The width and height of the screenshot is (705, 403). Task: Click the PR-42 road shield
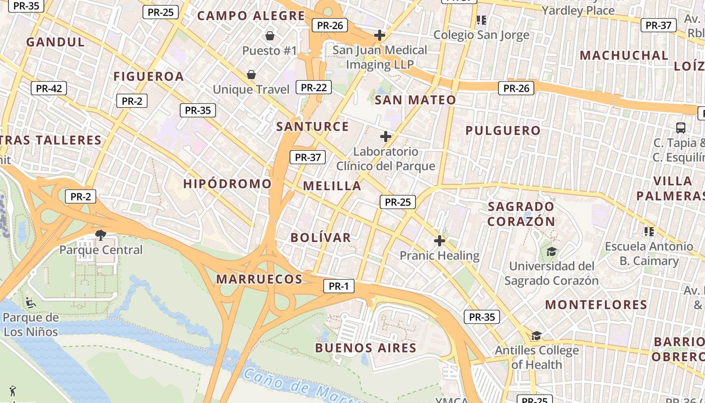tap(49, 89)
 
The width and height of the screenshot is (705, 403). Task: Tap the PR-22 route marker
tap(314, 87)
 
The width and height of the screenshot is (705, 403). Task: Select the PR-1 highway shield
tap(338, 287)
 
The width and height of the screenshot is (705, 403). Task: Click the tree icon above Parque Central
tap(101, 235)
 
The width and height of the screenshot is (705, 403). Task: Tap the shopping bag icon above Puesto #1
tap(270, 36)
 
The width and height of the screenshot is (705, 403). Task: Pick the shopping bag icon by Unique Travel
tap(251, 75)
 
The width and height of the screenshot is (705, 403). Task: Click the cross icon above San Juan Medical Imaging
tap(380, 35)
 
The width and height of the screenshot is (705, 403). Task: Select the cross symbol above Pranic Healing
tap(440, 241)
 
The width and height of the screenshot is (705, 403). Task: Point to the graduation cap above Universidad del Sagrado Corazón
tap(552, 251)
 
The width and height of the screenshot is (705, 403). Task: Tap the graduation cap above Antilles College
tap(537, 335)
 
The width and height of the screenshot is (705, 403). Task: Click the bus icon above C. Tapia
tap(681, 128)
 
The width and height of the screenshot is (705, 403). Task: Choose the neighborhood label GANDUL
tap(56, 42)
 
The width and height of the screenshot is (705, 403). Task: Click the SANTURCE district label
tap(313, 126)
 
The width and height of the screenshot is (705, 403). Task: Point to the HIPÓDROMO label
tap(227, 183)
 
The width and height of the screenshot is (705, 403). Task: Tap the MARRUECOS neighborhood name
tap(259, 279)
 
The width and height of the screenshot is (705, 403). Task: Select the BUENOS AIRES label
tap(366, 348)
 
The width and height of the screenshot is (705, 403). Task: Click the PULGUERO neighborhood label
tap(503, 130)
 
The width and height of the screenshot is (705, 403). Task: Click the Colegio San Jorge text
tap(481, 35)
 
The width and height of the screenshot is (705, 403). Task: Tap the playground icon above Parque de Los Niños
tap(31, 302)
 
